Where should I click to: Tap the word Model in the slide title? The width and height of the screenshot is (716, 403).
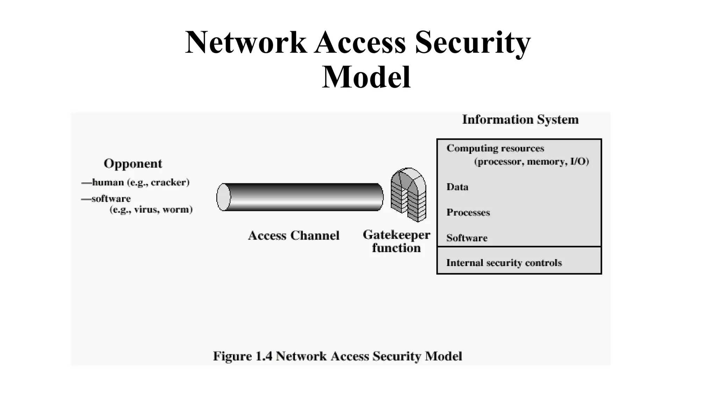click(x=366, y=77)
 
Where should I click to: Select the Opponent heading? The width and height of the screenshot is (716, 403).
click(x=133, y=164)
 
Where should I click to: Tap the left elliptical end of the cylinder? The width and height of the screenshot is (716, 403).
click(x=224, y=197)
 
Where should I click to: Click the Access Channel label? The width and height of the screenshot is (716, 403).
click(x=294, y=235)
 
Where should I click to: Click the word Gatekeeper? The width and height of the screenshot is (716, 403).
click(x=396, y=235)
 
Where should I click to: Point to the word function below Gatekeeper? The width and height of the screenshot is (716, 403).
click(x=396, y=248)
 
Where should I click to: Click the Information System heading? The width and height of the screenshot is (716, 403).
click(x=520, y=120)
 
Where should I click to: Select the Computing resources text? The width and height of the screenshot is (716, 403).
click(x=495, y=148)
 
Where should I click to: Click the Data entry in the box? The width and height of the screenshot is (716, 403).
click(x=457, y=187)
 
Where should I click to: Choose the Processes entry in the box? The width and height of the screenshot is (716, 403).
click(x=468, y=212)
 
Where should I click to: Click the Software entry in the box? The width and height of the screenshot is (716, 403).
click(x=467, y=238)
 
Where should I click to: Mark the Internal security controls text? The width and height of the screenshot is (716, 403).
click(x=504, y=263)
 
